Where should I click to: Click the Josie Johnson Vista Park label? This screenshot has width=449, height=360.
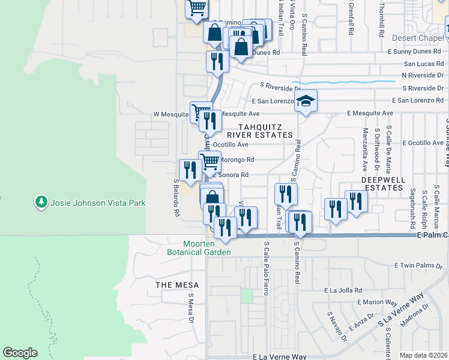98,203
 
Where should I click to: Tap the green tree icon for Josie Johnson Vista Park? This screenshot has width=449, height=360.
41,202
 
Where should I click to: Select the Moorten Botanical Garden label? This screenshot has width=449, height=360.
199,248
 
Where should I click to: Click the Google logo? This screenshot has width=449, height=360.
20,352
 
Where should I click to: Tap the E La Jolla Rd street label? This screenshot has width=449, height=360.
343,290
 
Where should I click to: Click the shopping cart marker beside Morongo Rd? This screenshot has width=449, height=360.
209,161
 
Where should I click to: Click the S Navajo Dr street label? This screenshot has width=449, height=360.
337,326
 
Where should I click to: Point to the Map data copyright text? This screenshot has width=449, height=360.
423,355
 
